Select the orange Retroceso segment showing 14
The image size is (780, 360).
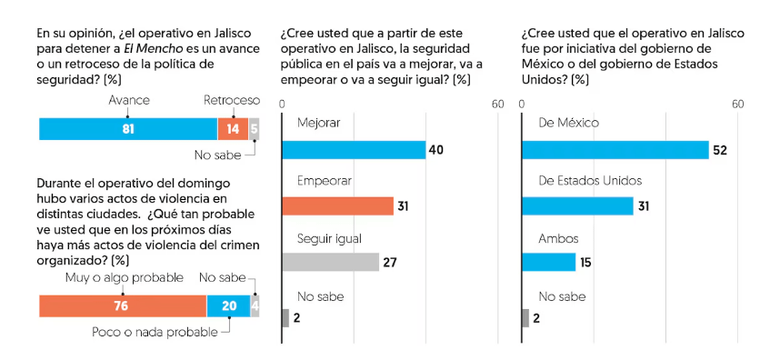(x=234, y=129)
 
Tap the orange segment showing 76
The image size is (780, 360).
(x=123, y=306)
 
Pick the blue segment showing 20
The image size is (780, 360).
(x=228, y=306)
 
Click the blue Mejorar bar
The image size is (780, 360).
(x=354, y=149)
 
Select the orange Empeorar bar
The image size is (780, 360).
(x=337, y=205)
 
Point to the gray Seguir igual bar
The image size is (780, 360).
(x=330, y=262)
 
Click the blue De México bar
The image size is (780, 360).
(x=615, y=149)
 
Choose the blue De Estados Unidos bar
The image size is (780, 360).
(x=577, y=205)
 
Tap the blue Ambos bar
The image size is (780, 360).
(x=548, y=262)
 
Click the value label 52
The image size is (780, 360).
(x=720, y=150)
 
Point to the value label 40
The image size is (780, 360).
(x=435, y=150)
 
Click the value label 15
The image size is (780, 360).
(x=586, y=263)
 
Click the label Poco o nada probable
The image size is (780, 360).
(x=155, y=332)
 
